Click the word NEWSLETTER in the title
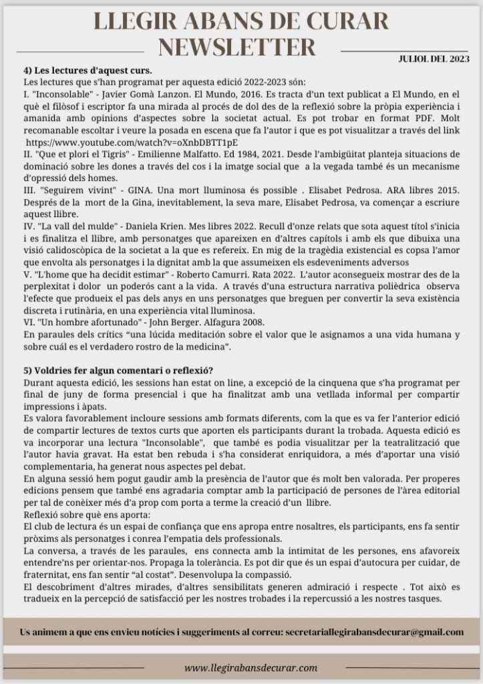[238, 47]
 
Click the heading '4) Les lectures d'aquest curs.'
[88, 71]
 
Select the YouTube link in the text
[132, 143]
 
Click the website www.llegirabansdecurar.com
[251, 667]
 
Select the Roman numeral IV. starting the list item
[29, 227]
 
